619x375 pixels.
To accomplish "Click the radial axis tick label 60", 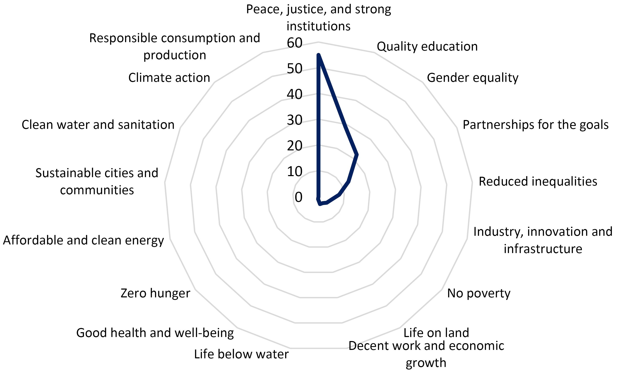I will [294, 43].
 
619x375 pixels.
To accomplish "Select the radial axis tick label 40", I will [294, 94].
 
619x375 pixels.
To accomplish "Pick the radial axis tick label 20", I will [294, 146].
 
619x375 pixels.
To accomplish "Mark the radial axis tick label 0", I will [298, 197].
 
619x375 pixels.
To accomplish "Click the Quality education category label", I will [427, 47].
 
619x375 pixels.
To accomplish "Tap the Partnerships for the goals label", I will [536, 125].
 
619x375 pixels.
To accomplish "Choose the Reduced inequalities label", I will [538, 182].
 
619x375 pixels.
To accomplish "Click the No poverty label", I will [479, 293].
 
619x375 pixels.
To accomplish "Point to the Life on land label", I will [436, 333].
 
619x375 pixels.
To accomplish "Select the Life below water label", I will [241, 354].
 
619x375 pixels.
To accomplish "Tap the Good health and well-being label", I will [155, 333].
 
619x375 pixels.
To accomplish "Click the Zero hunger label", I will [155, 293].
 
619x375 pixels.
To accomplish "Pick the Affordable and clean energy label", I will [83, 240].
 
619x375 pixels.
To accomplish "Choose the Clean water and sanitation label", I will [98, 125].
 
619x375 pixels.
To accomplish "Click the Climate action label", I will [169, 78].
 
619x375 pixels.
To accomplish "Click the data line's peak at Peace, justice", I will [318, 55].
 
